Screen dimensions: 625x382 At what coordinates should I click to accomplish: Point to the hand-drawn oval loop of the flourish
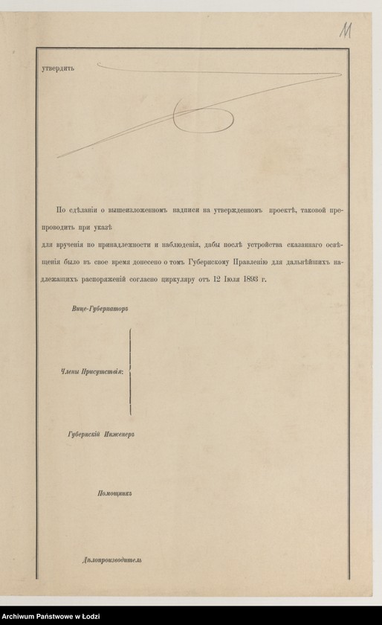tap(202, 115)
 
